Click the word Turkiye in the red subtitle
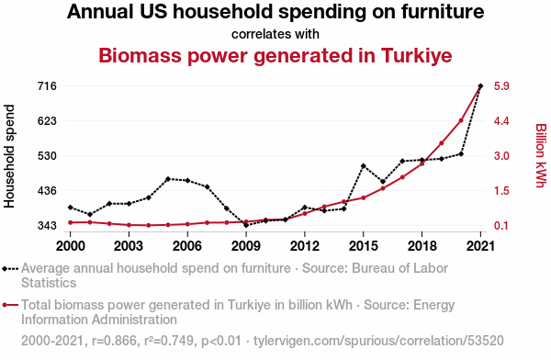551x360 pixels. [416, 55]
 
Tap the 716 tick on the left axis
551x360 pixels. [47, 85]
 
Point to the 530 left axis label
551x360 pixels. [47, 156]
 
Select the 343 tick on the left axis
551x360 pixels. [47, 225]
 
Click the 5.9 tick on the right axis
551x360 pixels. [501, 85]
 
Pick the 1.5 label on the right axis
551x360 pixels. [501, 190]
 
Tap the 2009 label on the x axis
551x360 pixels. [246, 246]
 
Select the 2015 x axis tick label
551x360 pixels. [364, 246]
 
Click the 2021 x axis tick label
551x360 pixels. [480, 246]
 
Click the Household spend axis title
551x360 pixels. [9, 156]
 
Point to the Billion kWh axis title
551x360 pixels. [541, 155]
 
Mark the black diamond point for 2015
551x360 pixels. [364, 166]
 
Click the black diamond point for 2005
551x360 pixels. [168, 179]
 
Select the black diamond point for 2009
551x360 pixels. [246, 225]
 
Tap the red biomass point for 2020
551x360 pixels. [461, 120]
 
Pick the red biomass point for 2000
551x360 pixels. [71, 222]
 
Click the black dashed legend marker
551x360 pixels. [10, 269]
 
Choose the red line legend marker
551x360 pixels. [10, 305]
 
